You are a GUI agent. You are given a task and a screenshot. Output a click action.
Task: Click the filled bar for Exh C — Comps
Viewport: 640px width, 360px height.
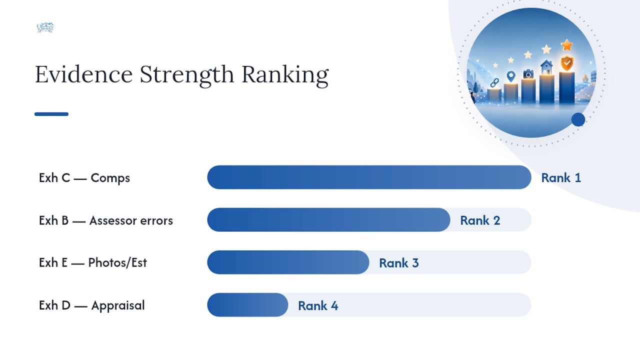[369, 177]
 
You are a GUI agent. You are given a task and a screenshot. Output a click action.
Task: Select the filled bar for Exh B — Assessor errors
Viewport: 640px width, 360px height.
[328, 219]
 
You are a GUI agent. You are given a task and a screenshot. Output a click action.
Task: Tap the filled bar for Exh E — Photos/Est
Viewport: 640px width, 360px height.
[288, 262]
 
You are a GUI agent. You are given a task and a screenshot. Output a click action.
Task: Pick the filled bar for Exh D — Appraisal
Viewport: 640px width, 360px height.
[247, 305]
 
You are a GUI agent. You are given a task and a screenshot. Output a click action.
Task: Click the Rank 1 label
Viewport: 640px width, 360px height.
[561, 177]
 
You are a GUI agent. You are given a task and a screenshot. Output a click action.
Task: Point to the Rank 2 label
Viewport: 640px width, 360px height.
[480, 220]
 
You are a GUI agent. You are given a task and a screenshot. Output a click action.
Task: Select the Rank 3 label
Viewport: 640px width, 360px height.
[399, 263]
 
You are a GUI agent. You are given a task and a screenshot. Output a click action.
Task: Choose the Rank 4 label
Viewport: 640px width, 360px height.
[318, 305]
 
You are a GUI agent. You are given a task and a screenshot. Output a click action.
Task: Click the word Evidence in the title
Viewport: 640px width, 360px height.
[83, 74]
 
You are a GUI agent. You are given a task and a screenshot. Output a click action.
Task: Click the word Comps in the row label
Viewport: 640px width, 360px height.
[110, 178]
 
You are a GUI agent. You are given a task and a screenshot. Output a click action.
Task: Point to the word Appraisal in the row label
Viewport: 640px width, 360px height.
[118, 305]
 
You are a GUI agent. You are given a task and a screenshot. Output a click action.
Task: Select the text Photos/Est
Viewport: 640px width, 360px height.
[117, 263]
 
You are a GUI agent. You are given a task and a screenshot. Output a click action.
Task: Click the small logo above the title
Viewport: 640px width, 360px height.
[45, 27]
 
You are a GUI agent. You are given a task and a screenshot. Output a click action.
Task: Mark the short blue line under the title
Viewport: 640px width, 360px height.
[51, 114]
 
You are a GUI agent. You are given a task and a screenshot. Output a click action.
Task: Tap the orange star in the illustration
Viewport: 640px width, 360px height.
[567, 45]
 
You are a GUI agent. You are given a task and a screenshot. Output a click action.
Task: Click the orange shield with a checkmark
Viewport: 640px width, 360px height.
[567, 63]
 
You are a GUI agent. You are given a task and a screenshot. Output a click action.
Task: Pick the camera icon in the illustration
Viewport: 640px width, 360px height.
[528, 73]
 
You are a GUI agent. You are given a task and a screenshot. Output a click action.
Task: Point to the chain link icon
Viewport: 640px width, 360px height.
[494, 83]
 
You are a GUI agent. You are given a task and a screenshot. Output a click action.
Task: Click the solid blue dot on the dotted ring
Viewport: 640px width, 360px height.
[578, 119]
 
